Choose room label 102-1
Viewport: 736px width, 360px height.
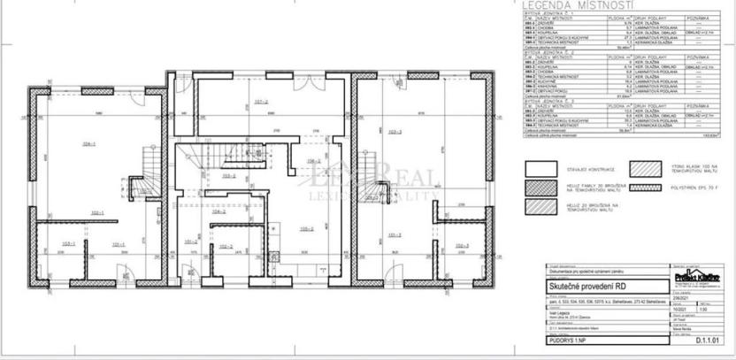(x=96, y=212)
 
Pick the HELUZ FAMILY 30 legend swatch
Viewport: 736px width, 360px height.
(x=541, y=187)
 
